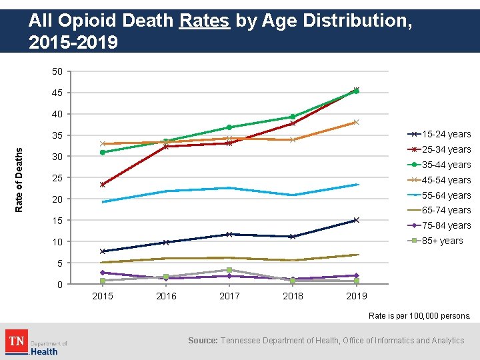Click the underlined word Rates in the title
[205, 22]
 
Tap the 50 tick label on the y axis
[57, 71]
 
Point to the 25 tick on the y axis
[57, 178]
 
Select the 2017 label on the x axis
[229, 296]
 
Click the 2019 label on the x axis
[356, 296]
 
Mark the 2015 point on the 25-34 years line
[103, 185]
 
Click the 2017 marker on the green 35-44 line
[229, 127]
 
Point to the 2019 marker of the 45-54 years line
[357, 122]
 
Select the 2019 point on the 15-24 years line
[357, 220]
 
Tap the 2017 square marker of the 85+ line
[229, 270]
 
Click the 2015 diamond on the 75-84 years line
[103, 273]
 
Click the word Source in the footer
[202, 341]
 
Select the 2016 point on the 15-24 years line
[166, 243]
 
